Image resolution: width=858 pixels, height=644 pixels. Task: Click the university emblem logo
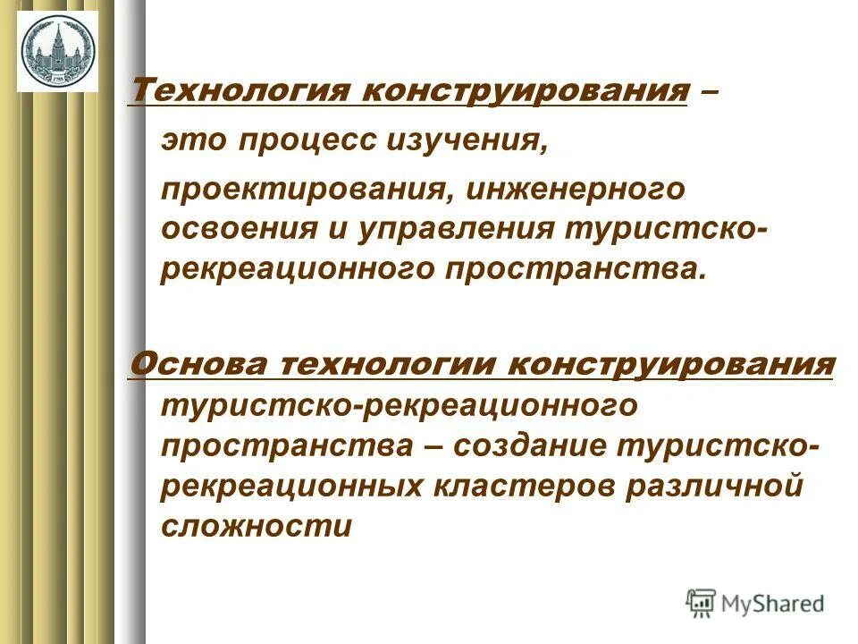click(57, 51)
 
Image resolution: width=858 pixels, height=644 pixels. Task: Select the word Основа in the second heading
click(198, 364)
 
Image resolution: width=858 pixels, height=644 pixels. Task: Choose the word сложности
click(257, 526)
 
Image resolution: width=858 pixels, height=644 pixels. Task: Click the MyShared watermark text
click(774, 604)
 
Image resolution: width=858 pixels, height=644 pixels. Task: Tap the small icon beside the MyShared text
click(702, 604)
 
